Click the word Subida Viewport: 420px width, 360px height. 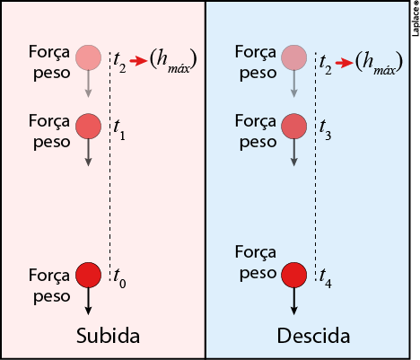tap(108, 336)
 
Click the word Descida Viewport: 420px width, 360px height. tap(313, 336)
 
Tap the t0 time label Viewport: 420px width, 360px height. tap(119, 278)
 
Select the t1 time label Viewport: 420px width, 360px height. tap(119, 130)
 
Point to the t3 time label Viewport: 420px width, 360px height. tap(325, 130)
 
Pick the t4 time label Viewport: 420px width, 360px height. tap(326, 278)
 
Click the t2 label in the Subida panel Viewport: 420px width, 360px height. tap(119, 63)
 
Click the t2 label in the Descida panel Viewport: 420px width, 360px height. tap(326, 63)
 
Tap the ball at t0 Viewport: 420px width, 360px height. tap(88, 275)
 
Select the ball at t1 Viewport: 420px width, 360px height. tap(88, 126)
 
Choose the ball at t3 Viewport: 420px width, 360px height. tap(294, 126)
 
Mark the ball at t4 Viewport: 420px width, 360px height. tap(294, 275)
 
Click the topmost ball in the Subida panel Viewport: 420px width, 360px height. tap(88, 57)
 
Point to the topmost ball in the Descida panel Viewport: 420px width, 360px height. tap(294, 57)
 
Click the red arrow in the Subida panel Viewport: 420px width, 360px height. tap(138, 61)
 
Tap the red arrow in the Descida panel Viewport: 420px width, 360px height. tap(345, 63)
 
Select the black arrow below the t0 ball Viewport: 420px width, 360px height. tap(88, 302)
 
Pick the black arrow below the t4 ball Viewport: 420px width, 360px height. tap(294, 302)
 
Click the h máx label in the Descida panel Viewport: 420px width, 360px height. tap(380, 62)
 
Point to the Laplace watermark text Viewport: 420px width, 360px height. tap(416, 19)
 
